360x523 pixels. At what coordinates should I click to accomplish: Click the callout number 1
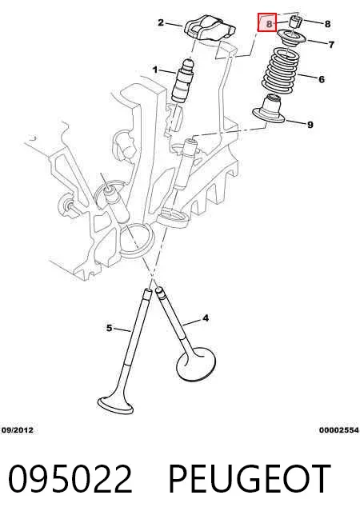[x=155, y=70]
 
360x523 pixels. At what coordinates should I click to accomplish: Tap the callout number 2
[x=161, y=22]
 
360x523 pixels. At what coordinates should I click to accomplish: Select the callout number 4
[x=206, y=318]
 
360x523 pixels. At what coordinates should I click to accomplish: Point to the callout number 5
[x=109, y=328]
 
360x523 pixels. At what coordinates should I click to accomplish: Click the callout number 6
[x=322, y=79]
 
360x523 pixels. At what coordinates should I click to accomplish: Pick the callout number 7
[x=331, y=44]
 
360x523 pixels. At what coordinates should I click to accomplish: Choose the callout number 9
[x=310, y=125]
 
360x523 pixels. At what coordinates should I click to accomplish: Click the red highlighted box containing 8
[x=267, y=22]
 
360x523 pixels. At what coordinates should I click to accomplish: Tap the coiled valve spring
[x=279, y=70]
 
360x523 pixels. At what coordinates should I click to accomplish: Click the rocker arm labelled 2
[x=210, y=30]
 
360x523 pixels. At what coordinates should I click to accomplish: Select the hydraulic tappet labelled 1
[x=182, y=79]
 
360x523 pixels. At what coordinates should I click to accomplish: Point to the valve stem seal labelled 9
[x=270, y=109]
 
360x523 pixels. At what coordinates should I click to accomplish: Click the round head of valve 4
[x=196, y=364]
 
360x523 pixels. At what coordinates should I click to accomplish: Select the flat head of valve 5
[x=115, y=405]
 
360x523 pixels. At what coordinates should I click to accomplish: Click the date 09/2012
[x=18, y=430]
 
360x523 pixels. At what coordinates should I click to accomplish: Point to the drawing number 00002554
[x=338, y=430]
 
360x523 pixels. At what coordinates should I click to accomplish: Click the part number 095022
[x=70, y=479]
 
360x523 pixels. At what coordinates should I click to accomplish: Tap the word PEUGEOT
[x=250, y=479]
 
